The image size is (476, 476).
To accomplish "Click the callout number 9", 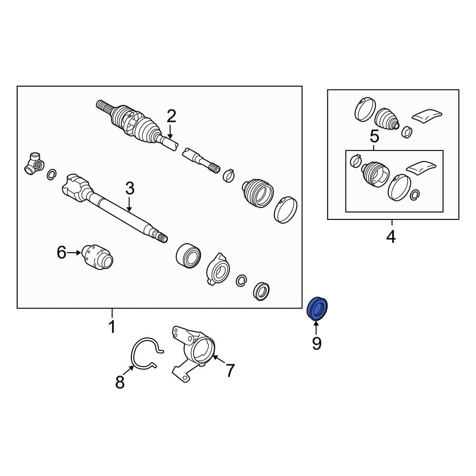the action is click(x=317, y=344).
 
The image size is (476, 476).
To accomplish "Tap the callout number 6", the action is click(x=61, y=253).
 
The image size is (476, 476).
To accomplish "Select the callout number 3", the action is click(x=129, y=188).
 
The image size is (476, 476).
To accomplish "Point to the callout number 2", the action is click(x=171, y=116).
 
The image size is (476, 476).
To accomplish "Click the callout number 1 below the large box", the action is click(x=112, y=327).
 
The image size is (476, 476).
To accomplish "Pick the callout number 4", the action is click(x=391, y=237).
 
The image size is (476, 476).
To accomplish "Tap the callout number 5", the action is click(x=375, y=137).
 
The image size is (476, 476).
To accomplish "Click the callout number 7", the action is click(x=230, y=370).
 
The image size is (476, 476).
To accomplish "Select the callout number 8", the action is click(x=120, y=382).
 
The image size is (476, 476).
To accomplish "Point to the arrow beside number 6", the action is click(x=74, y=253).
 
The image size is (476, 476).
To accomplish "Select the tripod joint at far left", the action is click(x=34, y=164).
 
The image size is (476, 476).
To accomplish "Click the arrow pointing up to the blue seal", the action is click(x=317, y=328).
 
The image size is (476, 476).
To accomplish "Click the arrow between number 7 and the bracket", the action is click(x=219, y=360).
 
